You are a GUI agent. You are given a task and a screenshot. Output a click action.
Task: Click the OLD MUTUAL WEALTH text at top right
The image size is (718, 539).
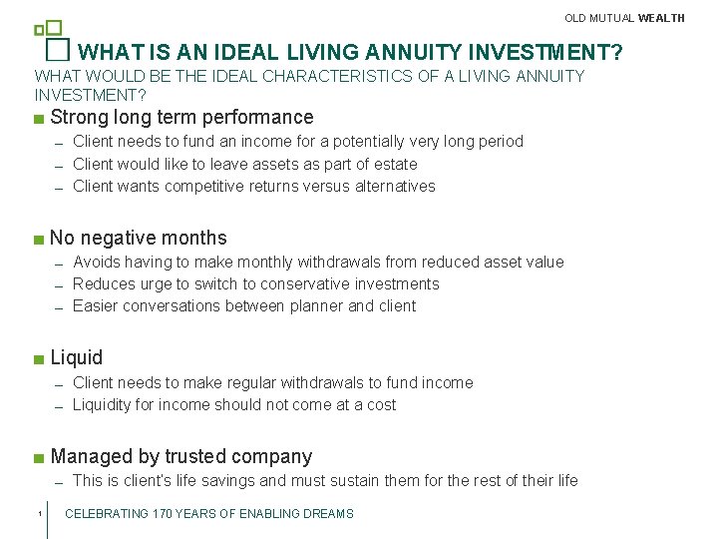(x=624, y=18)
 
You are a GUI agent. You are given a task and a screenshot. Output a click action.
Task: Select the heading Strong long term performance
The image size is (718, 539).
(x=181, y=117)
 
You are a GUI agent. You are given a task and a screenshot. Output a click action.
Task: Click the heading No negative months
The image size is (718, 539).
(x=139, y=238)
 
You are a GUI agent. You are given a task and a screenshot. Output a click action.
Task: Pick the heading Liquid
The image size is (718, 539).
(x=77, y=357)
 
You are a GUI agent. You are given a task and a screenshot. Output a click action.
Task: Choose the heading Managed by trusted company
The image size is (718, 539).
(x=180, y=456)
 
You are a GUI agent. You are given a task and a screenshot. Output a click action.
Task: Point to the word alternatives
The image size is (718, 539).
(x=395, y=186)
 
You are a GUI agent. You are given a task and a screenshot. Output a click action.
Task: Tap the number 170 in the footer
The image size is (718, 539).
(x=166, y=514)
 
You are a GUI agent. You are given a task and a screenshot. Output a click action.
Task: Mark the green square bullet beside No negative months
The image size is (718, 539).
(x=38, y=240)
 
